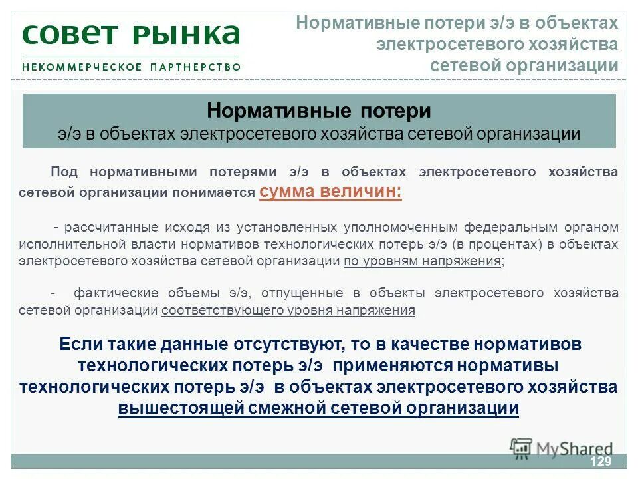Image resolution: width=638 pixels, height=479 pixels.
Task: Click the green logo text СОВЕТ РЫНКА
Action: click(131, 34)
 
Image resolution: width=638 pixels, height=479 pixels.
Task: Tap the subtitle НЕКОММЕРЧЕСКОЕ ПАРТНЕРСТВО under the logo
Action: click(131, 67)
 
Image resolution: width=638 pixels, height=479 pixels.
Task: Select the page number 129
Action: click(600, 462)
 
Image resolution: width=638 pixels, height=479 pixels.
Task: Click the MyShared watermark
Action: click(562, 449)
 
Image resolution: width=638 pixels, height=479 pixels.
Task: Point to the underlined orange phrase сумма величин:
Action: click(330, 192)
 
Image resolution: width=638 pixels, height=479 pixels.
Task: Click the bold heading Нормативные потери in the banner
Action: click(319, 110)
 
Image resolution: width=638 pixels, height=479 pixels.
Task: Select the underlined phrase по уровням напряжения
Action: click(422, 261)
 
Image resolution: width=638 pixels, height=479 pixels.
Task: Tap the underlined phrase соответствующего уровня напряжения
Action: click(288, 310)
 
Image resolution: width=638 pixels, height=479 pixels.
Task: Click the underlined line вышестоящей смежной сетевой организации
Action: click(318, 408)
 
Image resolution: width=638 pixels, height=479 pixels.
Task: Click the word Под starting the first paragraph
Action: click(64, 172)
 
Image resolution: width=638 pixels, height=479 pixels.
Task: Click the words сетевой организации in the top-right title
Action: click(524, 65)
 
